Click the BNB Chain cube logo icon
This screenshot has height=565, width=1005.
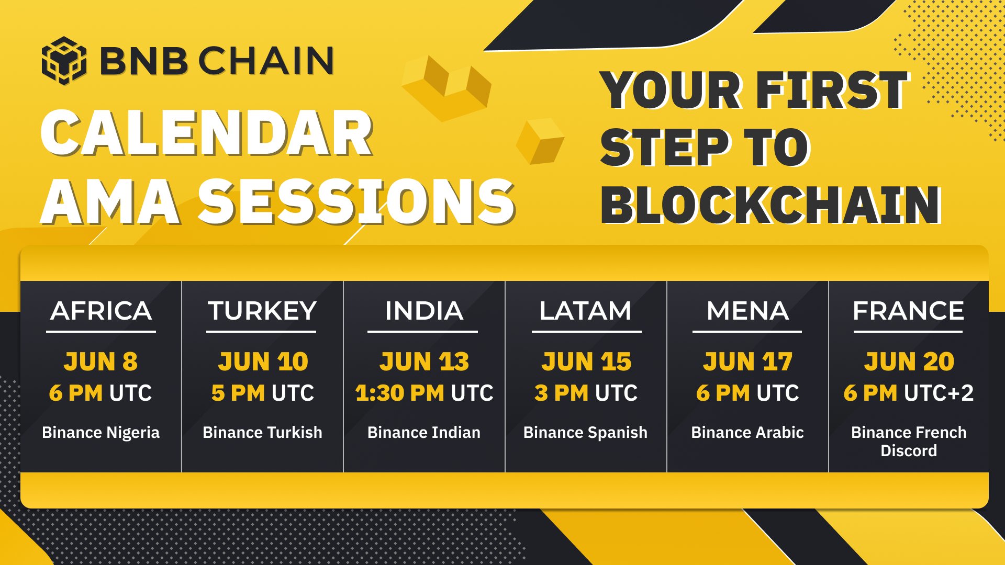pos(64,61)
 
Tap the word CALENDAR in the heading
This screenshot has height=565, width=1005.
pos(207,134)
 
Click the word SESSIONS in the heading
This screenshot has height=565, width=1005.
pos(356,202)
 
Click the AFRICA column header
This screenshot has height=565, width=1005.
pos(101,311)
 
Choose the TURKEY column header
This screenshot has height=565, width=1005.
pos(262,311)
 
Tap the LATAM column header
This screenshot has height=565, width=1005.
pos(586,311)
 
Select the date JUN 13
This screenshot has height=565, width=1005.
pos(424,361)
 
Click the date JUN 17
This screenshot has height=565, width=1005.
pos(747,361)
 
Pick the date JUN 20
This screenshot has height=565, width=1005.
pos(909,361)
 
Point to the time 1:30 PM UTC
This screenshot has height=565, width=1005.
pos(424,393)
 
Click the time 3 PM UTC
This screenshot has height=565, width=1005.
pos(586,393)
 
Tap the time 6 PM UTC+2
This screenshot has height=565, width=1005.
pos(909,393)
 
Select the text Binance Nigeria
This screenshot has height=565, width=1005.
pos(100,433)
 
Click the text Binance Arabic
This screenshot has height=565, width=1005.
pos(747,433)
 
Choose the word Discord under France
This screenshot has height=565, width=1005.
pos(909,451)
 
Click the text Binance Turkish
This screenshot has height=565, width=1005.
pos(262,433)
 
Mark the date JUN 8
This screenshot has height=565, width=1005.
pos(100,361)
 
